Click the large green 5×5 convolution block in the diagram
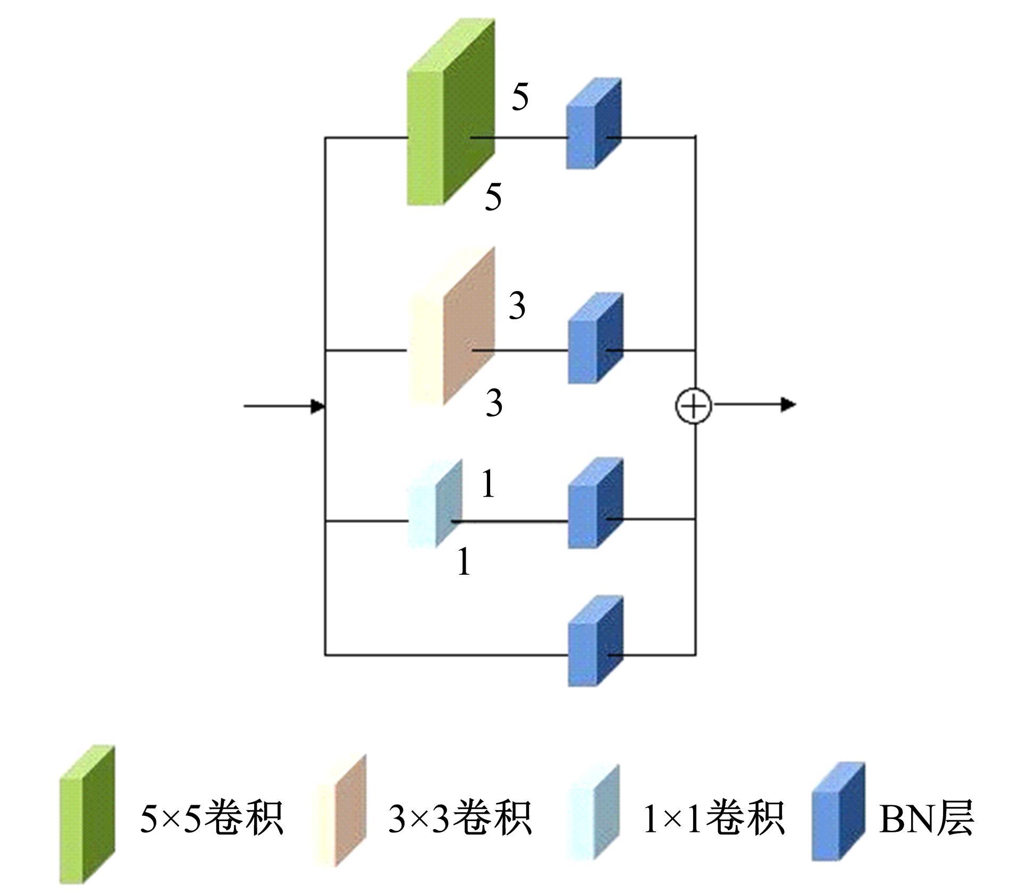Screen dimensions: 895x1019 click(451, 113)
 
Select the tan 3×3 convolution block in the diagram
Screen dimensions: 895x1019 click(452, 327)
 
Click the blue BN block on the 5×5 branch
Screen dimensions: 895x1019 click(593, 124)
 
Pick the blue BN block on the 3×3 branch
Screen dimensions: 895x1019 click(595, 338)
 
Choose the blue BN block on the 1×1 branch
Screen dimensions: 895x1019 click(595, 502)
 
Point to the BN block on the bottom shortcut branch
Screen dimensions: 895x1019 click(595, 641)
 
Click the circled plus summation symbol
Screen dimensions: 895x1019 click(694, 406)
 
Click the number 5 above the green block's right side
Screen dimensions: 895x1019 click(520, 97)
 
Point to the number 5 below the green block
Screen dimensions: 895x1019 click(493, 197)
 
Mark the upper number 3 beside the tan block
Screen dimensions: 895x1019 click(517, 306)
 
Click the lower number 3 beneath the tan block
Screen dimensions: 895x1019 click(494, 403)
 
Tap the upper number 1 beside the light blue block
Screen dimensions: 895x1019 click(489, 484)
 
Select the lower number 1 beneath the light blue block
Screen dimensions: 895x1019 click(464, 561)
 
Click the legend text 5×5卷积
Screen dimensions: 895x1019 click(211, 818)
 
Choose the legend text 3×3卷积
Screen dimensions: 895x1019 click(460, 818)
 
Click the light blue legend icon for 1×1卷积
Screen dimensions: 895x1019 click(593, 812)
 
